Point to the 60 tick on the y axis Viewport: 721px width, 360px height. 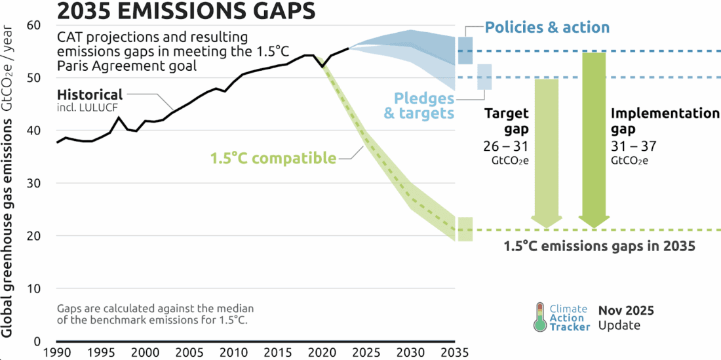(x=33, y=25)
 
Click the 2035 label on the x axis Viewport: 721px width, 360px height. (x=454, y=353)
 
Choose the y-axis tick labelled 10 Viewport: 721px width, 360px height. (x=33, y=289)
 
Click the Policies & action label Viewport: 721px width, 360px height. (x=547, y=28)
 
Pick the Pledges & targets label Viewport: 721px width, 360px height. (x=423, y=106)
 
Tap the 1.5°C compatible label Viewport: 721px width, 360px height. (x=273, y=158)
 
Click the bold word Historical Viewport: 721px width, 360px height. (x=90, y=94)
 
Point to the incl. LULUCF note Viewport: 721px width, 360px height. (x=83, y=107)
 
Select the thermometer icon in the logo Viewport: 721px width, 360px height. (x=539, y=316)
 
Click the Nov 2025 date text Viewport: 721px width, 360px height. (x=625, y=310)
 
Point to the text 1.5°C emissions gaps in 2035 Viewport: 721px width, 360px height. (x=599, y=247)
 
